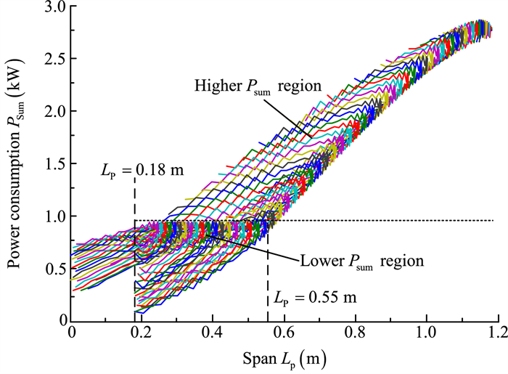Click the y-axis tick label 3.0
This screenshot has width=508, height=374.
click(x=55, y=7)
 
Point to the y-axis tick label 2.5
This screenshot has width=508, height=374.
click(x=55, y=59)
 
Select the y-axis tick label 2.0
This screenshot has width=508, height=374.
click(x=55, y=111)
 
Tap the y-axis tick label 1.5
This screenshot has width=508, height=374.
click(x=55, y=164)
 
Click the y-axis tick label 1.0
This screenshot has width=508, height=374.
click(x=55, y=216)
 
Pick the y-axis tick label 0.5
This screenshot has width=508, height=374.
click(x=55, y=269)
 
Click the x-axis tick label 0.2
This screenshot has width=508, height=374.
click(x=142, y=336)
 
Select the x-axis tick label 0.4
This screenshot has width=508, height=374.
click(x=213, y=336)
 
